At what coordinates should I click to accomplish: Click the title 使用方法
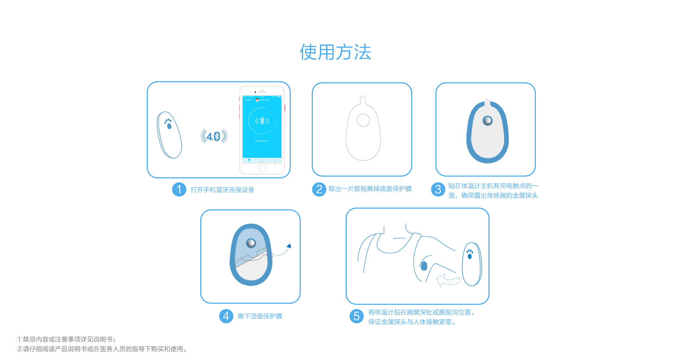click(335, 52)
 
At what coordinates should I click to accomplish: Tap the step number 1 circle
click(179, 189)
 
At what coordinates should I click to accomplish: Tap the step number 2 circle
click(319, 189)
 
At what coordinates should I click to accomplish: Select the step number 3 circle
click(438, 189)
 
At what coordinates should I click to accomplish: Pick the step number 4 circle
click(226, 316)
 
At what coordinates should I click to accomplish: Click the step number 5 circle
click(356, 316)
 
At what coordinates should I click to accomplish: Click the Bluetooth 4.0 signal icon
click(214, 136)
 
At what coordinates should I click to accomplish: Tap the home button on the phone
click(263, 168)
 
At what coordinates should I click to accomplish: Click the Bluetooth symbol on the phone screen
click(262, 121)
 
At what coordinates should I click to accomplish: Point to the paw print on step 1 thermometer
click(168, 124)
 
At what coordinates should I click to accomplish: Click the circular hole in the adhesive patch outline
click(363, 120)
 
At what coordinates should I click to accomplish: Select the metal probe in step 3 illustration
click(487, 121)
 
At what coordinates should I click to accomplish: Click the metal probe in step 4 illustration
click(251, 243)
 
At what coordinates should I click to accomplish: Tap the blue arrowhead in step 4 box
click(289, 246)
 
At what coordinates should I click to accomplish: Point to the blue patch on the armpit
click(424, 266)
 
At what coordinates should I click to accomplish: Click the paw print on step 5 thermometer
click(470, 254)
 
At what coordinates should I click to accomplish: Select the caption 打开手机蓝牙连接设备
click(222, 190)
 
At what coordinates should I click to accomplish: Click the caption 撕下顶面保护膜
click(260, 316)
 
